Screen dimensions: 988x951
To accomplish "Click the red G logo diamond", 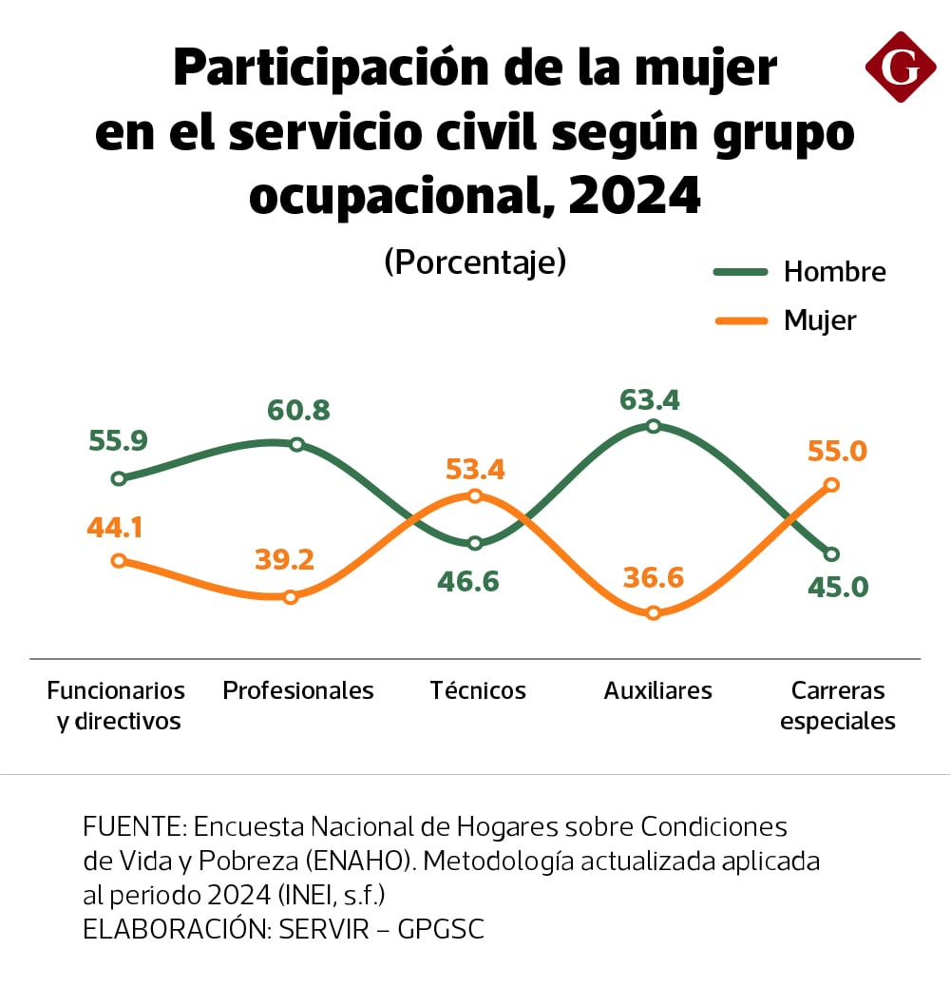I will coord(900,67).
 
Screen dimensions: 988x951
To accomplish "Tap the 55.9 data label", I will coord(118,440).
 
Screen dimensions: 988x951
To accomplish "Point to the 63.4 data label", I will coord(650,399).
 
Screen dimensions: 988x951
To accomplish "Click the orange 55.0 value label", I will coord(837,451).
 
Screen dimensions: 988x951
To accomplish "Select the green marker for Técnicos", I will coord(475,543).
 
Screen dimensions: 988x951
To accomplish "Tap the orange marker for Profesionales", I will coord(292,597).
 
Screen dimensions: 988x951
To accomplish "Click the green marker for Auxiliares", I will coord(653,425).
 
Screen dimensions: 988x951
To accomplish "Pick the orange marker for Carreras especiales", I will coord(831,485).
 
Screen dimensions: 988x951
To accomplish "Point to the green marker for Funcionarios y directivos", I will coord(119,478).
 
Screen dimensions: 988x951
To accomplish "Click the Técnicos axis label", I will coord(477,690).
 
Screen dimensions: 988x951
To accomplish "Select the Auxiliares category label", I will coord(657,690).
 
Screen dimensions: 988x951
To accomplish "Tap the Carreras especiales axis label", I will coord(837,705).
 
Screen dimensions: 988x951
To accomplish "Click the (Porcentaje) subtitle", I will coord(474,262).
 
